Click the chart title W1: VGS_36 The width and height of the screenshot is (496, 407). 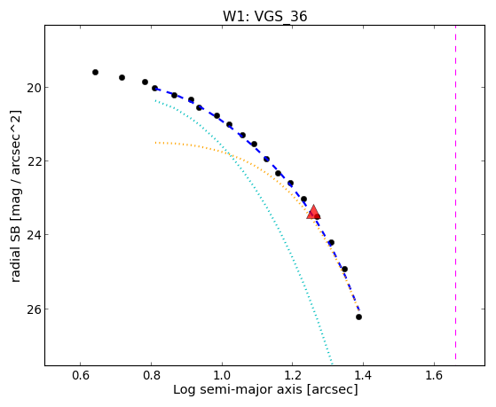tap(264, 16)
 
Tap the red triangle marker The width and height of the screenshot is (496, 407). tap(313, 212)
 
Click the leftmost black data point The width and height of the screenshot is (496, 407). tap(95, 73)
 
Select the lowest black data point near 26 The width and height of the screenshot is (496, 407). tap(358, 317)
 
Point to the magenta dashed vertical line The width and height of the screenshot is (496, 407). tap(455, 192)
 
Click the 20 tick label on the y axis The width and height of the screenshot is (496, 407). tap(34, 88)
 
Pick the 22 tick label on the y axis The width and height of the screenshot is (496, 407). tap(34, 161)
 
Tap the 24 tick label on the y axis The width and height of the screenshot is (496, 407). tap(34, 235)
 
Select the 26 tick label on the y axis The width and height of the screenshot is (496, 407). tap(34, 309)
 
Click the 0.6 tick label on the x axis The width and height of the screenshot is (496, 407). tap(81, 375)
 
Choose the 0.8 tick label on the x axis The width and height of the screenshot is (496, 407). tap(151, 375)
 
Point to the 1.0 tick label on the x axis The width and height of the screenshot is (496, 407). tap(222, 375)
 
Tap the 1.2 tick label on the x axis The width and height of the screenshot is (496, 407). tap(293, 375)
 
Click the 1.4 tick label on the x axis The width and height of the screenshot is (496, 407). tap(363, 375)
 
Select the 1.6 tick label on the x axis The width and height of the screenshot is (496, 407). tap(434, 375)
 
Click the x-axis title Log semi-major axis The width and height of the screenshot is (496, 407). tap(237, 390)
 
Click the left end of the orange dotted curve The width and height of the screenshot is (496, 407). tap(155, 143)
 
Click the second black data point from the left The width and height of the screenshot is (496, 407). tap(122, 77)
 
